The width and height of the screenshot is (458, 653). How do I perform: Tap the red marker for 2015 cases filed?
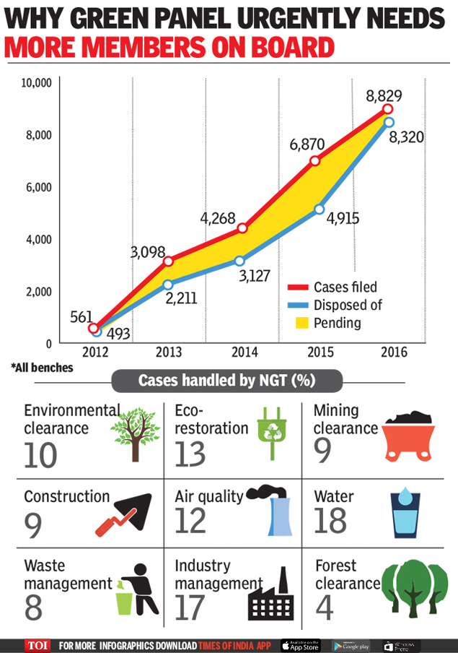coord(314,161)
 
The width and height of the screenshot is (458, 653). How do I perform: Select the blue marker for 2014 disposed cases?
coord(239,261)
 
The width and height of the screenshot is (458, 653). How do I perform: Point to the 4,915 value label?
coord(342,218)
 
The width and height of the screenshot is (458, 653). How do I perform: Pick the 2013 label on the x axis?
coord(168,353)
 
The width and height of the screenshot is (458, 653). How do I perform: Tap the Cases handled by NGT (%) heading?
coord(226,380)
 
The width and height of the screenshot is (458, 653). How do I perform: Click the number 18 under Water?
coord(330,520)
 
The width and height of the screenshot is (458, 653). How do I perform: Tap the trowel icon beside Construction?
coord(124,514)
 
